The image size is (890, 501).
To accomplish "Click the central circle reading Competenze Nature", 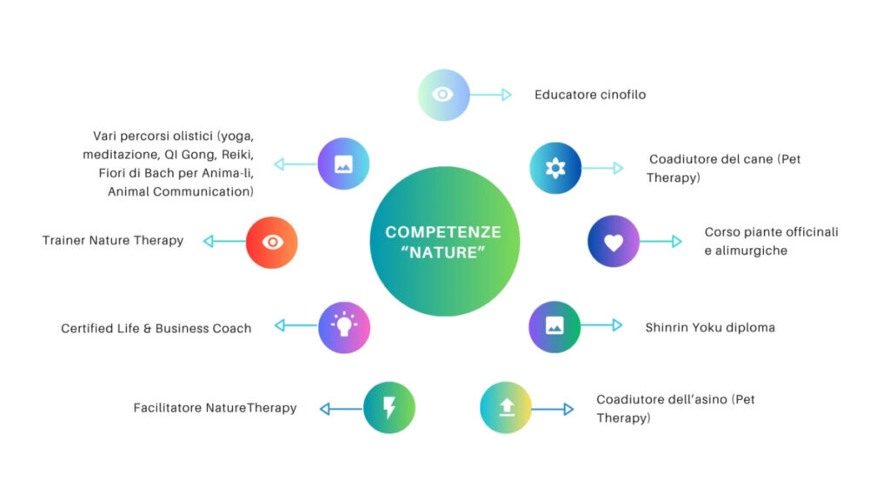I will [443, 241].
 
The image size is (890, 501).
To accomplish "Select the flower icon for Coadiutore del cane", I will [555, 168].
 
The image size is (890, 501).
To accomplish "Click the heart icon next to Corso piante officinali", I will [614, 242].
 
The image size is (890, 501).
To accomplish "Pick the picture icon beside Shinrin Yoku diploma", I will [555, 326].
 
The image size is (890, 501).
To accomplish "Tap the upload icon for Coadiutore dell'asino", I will [506, 408].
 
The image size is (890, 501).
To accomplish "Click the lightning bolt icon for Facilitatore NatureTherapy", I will [389, 408].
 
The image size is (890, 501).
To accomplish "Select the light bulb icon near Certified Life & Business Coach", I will [344, 327].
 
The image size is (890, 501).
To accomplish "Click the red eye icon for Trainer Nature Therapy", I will [272, 242].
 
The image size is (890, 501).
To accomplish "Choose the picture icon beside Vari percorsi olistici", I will [343, 164].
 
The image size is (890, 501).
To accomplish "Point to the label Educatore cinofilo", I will [590, 95].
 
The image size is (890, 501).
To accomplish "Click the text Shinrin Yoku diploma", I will [709, 328].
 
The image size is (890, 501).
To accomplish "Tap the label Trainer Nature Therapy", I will [113, 241].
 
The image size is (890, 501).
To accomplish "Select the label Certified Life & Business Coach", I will [156, 329].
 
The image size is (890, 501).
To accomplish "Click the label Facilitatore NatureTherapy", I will [215, 408].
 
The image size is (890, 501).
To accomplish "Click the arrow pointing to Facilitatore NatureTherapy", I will [341, 408].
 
